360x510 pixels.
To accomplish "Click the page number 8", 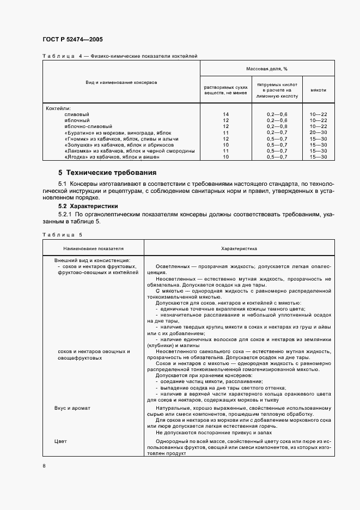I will (x=44, y=466).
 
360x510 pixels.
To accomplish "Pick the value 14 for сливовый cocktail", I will (x=225, y=114).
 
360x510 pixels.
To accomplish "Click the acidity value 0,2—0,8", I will (x=277, y=126).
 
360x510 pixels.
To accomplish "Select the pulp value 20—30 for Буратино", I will (x=318, y=132).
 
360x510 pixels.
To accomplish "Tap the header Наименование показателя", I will (x=93, y=248).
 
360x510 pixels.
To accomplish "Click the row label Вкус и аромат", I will (x=72, y=408).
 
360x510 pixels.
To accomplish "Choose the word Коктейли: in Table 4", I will (x=59, y=108).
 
